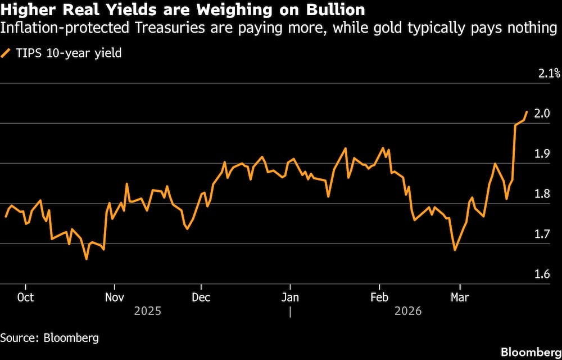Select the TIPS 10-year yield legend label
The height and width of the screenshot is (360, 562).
tap(66, 54)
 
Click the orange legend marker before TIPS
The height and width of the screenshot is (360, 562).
tap(6, 54)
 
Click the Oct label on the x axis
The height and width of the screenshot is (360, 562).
tap(26, 296)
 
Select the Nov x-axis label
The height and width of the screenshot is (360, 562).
tap(115, 296)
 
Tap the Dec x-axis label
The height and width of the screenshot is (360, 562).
tap(201, 296)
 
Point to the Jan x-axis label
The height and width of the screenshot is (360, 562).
tap(290, 296)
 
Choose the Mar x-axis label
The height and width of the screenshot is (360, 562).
tap(460, 296)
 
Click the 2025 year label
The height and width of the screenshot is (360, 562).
tap(148, 310)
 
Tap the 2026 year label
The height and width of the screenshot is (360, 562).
tap(408, 310)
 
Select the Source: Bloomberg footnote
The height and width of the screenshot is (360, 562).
tap(49, 337)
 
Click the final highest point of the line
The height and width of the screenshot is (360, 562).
tap(527, 112)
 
